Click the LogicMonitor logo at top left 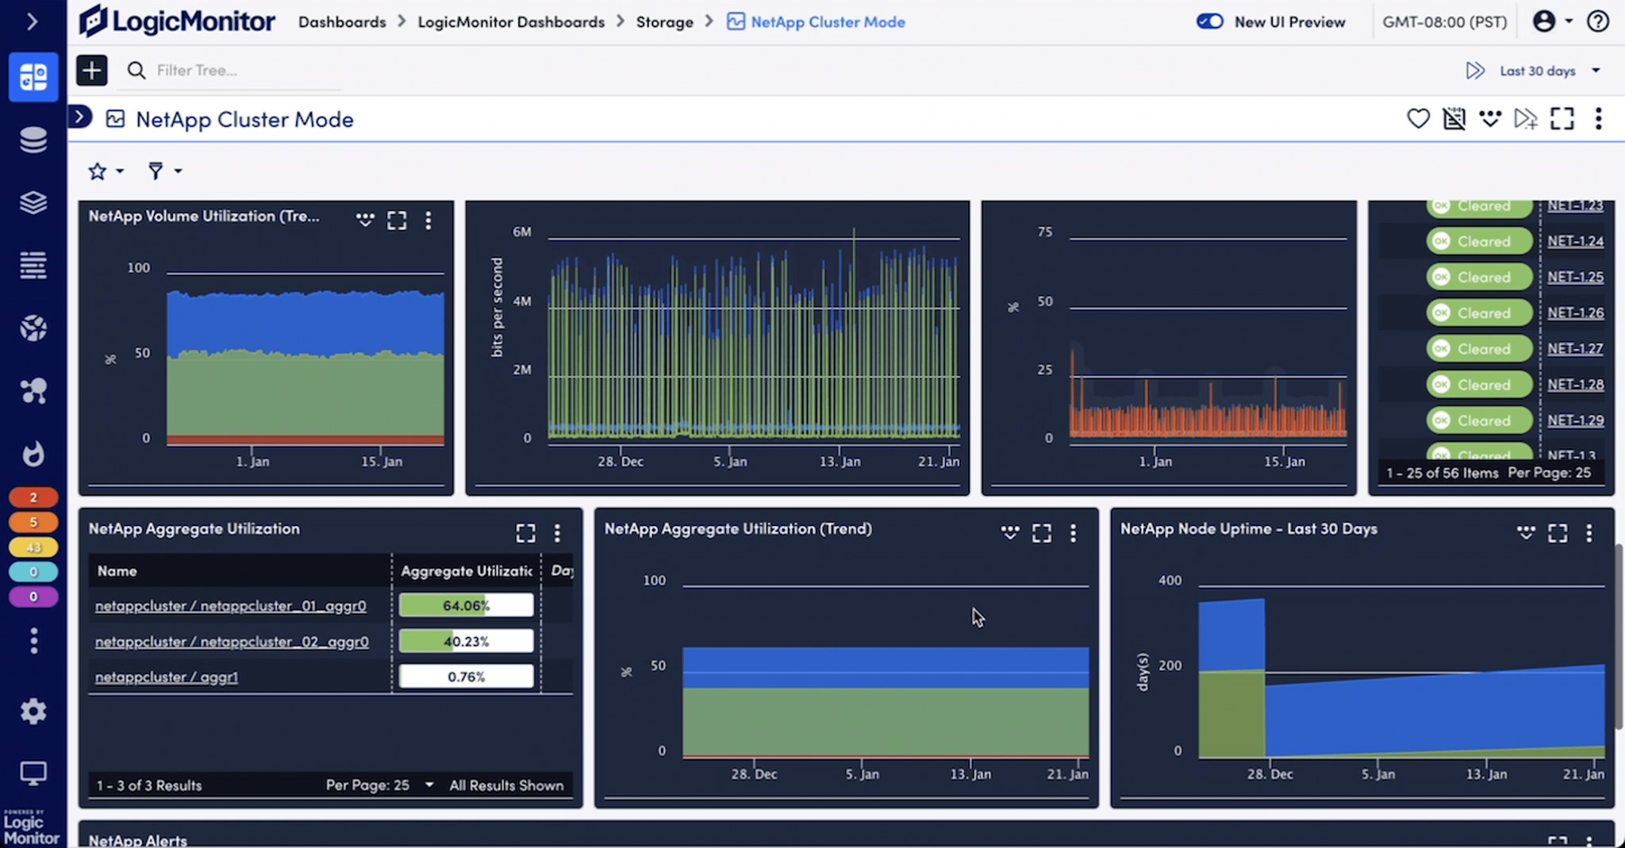click(x=177, y=21)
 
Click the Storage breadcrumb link click(x=664, y=22)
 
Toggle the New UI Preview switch click(x=1209, y=21)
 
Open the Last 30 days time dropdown click(x=1547, y=71)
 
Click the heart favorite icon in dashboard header click(x=1418, y=119)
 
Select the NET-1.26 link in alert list click(x=1575, y=313)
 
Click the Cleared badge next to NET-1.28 click(x=1479, y=385)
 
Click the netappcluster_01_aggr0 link click(x=230, y=606)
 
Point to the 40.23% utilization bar click(x=466, y=641)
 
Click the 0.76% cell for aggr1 click(x=466, y=677)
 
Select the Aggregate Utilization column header click(x=466, y=571)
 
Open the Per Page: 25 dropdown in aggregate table click(x=379, y=785)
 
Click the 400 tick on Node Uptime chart click(x=1170, y=581)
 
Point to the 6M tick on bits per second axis click(x=521, y=232)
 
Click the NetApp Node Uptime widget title click(x=1248, y=529)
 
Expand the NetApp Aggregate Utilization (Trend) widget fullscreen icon click(x=1041, y=533)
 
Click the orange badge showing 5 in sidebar click(x=33, y=522)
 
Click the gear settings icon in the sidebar click(x=33, y=712)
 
